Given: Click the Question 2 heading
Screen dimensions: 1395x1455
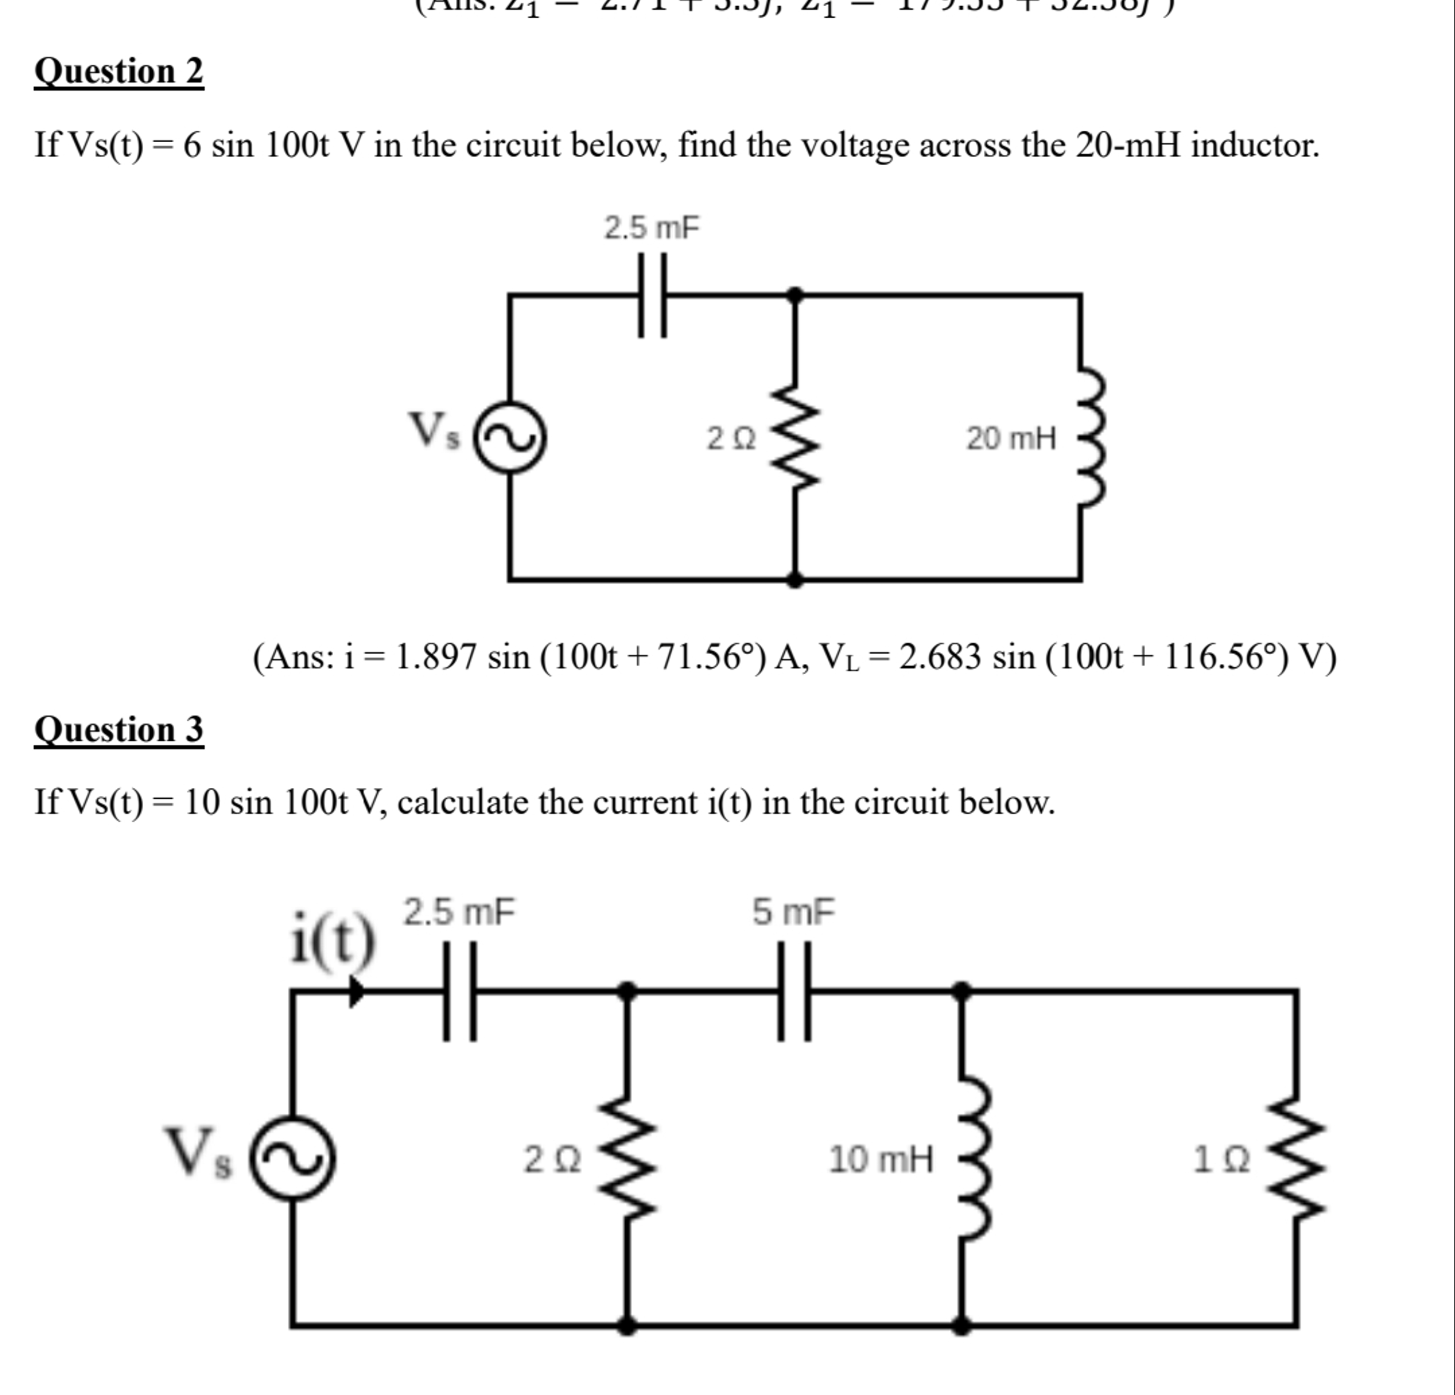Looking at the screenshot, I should pyautogui.click(x=119, y=72).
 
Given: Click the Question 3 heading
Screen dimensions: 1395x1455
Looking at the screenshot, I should pyautogui.click(x=119, y=730).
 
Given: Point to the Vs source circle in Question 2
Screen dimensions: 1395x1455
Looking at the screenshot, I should pyautogui.click(x=510, y=437).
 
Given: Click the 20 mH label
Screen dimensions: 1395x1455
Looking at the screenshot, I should pyautogui.click(x=1010, y=438).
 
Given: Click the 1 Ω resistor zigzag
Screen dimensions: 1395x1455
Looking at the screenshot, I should pyautogui.click(x=1297, y=1158).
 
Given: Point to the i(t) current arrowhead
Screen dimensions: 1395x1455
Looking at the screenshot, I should pyautogui.click(x=356, y=991).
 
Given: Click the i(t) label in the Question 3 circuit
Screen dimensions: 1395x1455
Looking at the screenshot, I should pyautogui.click(x=333, y=939).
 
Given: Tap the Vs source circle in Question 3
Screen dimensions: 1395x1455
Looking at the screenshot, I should pyautogui.click(x=292, y=1158).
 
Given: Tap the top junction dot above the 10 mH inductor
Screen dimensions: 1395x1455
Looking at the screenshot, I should pyautogui.click(x=961, y=990).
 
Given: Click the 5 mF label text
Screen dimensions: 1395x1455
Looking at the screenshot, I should pyautogui.click(x=793, y=912).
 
